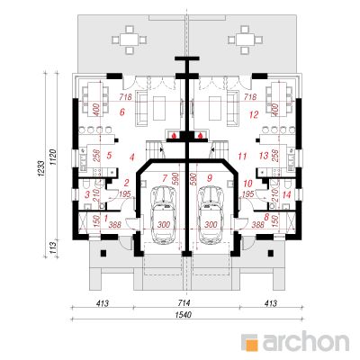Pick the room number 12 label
pyautogui.click(x=256, y=114)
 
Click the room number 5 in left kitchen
pyautogui.click(x=109, y=155)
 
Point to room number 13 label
pyautogui.click(x=263, y=156)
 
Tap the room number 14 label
pyautogui.click(x=285, y=194)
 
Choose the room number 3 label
pyautogui.click(x=86, y=194)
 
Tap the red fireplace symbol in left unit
pyautogui.click(x=171, y=137)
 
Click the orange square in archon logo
pyautogui.click(x=253, y=341)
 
